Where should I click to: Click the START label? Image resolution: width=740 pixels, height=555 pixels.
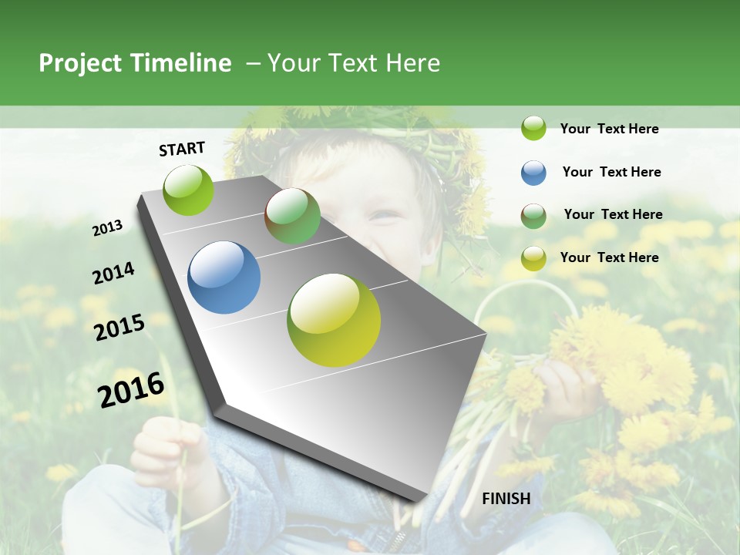182,149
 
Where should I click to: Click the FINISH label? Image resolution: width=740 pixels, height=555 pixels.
506,499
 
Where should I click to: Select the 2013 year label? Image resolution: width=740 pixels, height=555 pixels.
107,228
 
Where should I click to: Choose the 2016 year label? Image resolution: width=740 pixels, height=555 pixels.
131,390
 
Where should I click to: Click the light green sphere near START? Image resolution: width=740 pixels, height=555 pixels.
188,190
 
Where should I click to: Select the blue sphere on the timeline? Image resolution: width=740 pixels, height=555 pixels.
224,277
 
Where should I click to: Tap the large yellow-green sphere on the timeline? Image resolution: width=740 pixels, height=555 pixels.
333,320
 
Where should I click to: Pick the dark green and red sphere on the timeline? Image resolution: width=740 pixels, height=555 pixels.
292,216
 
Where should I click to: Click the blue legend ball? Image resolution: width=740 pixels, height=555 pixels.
533,173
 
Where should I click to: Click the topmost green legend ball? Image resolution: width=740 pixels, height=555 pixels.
533,128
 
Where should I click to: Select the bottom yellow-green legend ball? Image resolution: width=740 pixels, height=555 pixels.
533,258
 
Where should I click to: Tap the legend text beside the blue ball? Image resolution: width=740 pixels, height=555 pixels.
611,172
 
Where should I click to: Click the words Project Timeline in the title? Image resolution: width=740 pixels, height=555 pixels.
135,63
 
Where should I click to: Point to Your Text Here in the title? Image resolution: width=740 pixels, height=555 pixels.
353,63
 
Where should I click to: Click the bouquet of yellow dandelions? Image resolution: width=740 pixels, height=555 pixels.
617,362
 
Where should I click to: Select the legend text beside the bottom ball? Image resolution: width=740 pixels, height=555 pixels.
609,257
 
